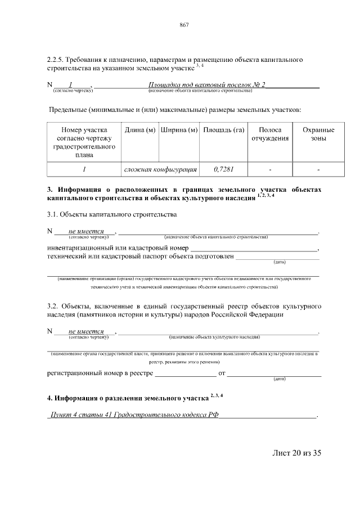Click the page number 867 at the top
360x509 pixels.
pos(183,24)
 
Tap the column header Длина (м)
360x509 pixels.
pos(139,130)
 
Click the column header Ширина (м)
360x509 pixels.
pos(179,130)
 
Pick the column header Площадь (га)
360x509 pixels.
pos(223,130)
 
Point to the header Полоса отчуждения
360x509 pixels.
pos(270,134)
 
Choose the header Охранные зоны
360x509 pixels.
pos(318,134)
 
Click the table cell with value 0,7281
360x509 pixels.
pos(223,169)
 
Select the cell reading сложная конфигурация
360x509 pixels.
pos(160,169)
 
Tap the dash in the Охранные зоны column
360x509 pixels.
pos(318,169)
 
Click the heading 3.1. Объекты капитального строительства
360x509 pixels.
pos(112,214)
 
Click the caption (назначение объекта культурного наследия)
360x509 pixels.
pos(214,337)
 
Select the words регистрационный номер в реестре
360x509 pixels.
pos(100,373)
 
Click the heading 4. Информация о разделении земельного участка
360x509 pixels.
pos(128,398)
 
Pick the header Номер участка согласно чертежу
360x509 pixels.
pos(84,138)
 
